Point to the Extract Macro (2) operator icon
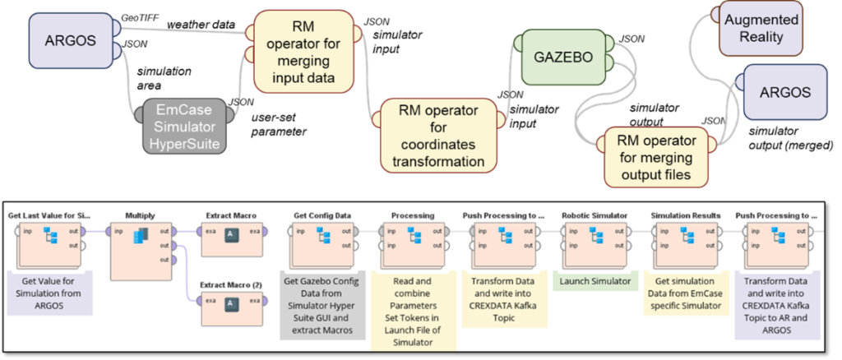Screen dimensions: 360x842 pyautogui.click(x=232, y=302)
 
